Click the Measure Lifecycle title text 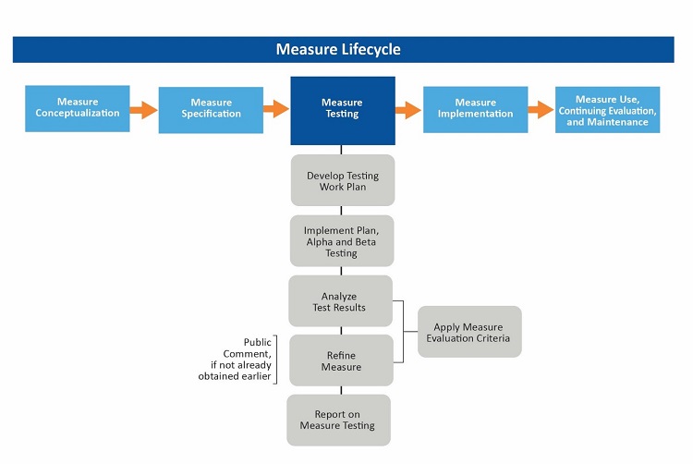(338, 50)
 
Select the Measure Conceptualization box (78, 108)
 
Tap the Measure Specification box (211, 109)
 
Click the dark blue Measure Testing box (342, 110)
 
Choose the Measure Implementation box (475, 109)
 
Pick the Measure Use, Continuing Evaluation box (607, 110)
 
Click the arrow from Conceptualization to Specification (143, 110)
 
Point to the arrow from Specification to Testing (276, 109)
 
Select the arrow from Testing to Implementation (408, 110)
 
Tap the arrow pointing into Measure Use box (541, 110)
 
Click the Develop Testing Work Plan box (343, 180)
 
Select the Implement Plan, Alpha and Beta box (341, 241)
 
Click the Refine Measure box (341, 360)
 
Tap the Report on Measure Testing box (338, 420)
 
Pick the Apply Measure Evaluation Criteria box (469, 332)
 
